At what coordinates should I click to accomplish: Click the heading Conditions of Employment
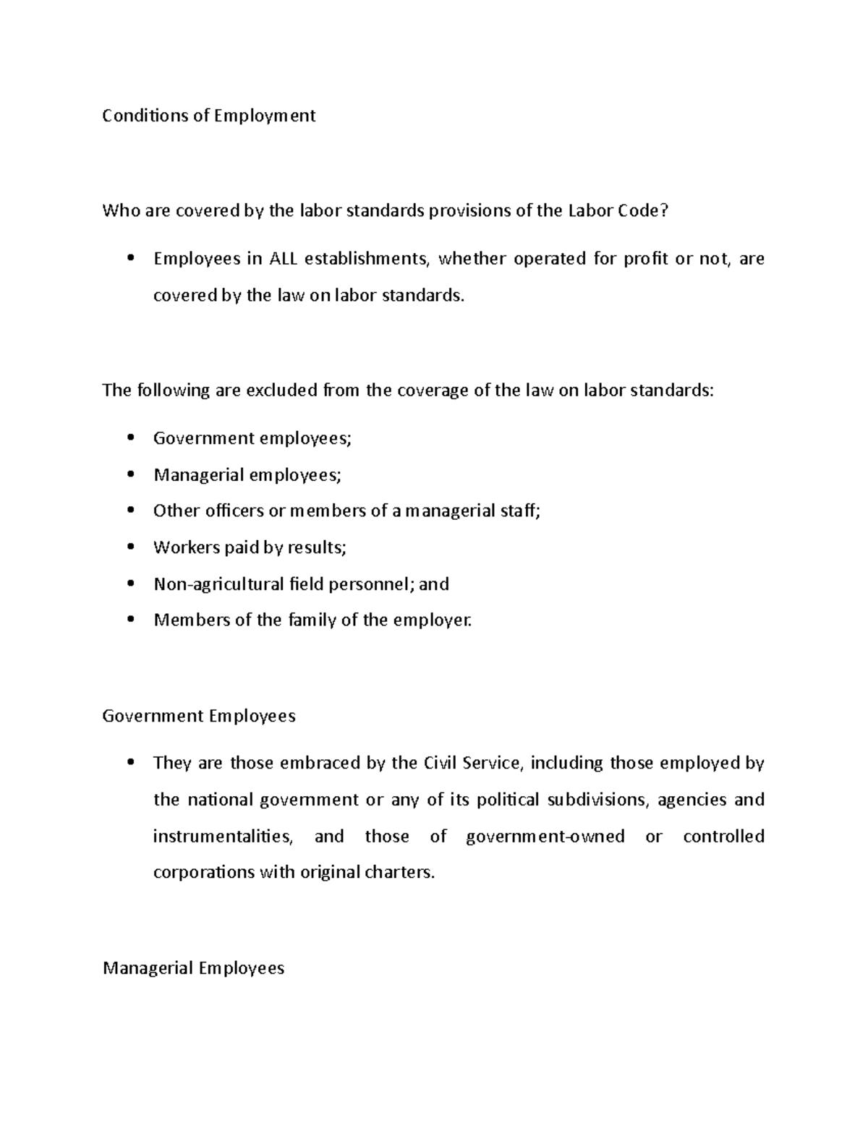coord(208,116)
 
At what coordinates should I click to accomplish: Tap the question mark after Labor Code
coord(665,211)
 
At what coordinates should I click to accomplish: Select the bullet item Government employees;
coord(252,438)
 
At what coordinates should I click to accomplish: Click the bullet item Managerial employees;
coord(247,475)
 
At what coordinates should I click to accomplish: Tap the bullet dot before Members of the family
coord(130,620)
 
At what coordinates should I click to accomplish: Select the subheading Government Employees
coord(199,716)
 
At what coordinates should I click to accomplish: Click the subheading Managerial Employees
coord(193,968)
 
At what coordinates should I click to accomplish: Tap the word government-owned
coord(545,837)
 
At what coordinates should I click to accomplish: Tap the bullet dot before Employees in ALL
coord(130,259)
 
